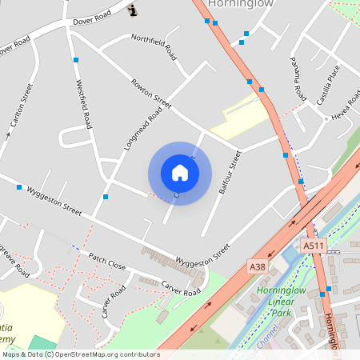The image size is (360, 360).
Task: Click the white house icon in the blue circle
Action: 180,173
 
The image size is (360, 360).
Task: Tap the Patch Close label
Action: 107,261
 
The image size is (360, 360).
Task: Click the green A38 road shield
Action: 257,266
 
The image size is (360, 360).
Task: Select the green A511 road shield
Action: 312,245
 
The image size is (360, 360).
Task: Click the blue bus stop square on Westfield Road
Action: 75,60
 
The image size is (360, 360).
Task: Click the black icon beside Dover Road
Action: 132,10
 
